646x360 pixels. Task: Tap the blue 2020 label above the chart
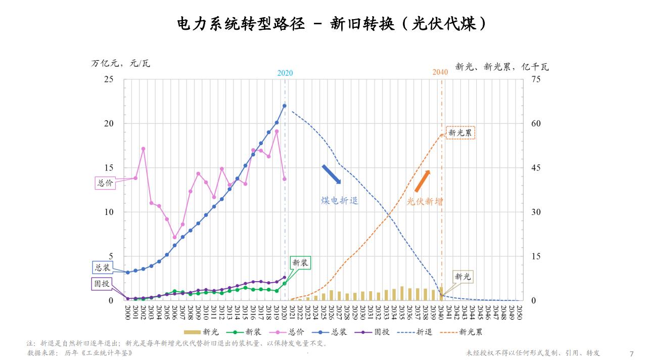coord(285,73)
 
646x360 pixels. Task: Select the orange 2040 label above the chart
coord(440,72)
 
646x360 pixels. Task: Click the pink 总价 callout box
coord(105,183)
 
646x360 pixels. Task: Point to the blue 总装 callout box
coord(102,267)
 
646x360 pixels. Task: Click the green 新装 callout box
coord(300,263)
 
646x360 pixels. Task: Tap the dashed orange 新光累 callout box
coord(460,132)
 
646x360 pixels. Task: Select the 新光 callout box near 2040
coord(463,277)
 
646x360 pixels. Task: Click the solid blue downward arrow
coord(332,174)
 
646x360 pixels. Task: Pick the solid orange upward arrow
coord(422,181)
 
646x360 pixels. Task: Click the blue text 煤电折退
coord(340,200)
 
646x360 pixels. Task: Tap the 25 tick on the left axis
coord(109,79)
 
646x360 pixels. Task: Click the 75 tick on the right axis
coord(536,79)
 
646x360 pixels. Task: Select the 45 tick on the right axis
coord(536,168)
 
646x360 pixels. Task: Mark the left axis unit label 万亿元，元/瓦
coord(121,63)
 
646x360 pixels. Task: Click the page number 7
coord(631,353)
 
